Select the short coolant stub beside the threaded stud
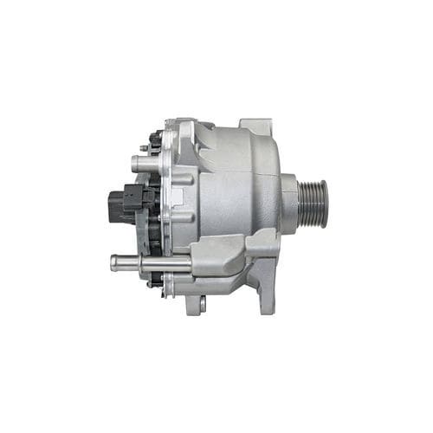coord(139,162)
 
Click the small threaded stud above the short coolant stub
coord(144,147)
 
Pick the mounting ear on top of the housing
coord(255,128)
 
